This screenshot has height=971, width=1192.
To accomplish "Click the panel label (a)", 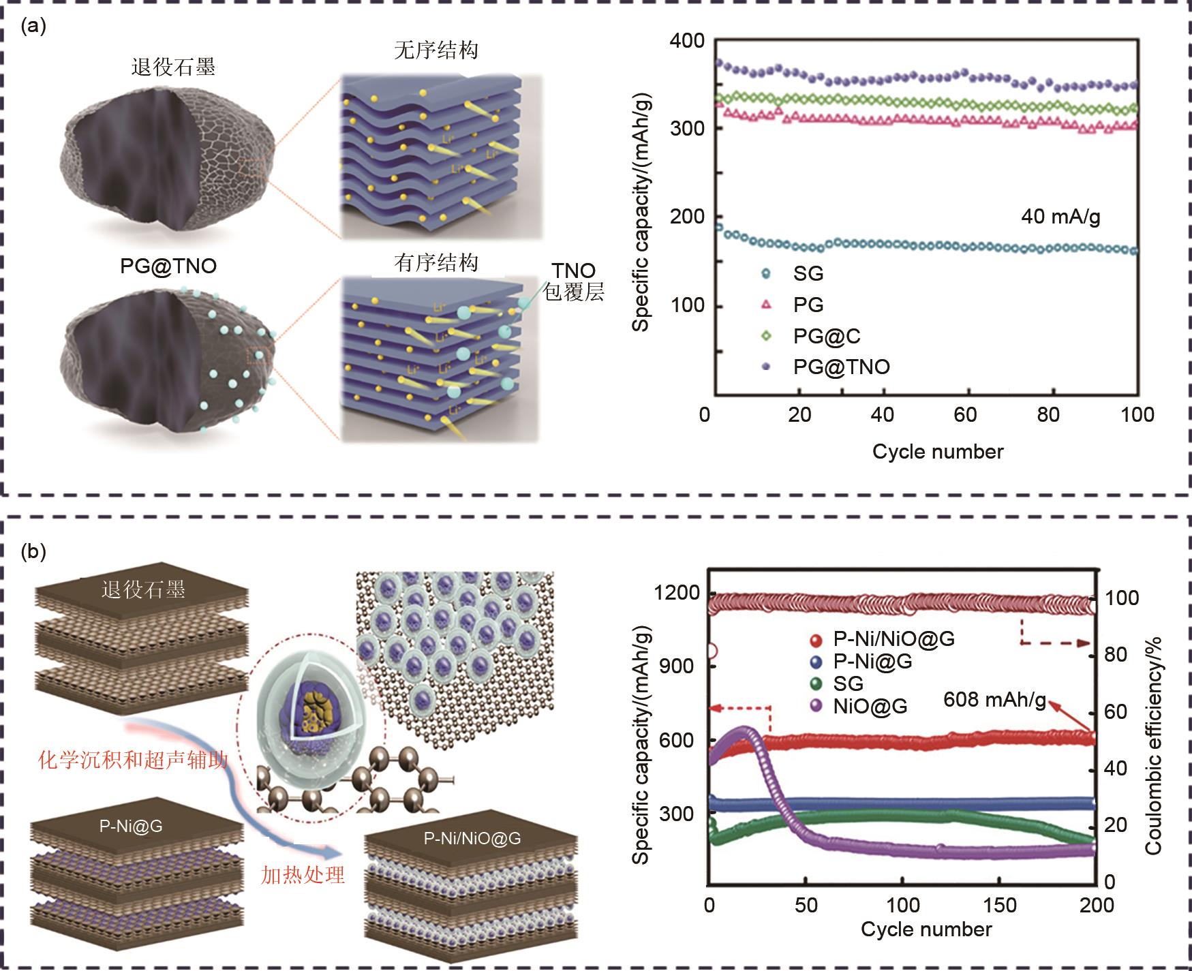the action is click(x=33, y=27).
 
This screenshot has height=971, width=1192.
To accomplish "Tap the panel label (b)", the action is click(x=33, y=551).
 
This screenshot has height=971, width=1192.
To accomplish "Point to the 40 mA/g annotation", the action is click(x=1060, y=217).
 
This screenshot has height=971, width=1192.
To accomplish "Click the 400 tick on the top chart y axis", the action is click(x=687, y=40).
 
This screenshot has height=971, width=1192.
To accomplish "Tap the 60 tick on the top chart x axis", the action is click(x=966, y=414).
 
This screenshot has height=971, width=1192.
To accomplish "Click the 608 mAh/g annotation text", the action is click(x=994, y=699).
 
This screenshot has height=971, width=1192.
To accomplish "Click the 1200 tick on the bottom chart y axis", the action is click(x=677, y=592).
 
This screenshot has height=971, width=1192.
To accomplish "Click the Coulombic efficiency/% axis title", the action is click(x=1153, y=745).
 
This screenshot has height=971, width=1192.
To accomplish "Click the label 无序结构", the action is click(x=436, y=50).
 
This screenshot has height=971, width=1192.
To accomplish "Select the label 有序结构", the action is click(x=436, y=262).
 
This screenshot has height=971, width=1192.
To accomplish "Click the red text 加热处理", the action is click(x=303, y=874).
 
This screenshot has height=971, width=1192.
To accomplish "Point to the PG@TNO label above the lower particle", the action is click(x=168, y=266).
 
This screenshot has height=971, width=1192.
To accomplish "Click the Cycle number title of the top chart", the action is click(x=938, y=451).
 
